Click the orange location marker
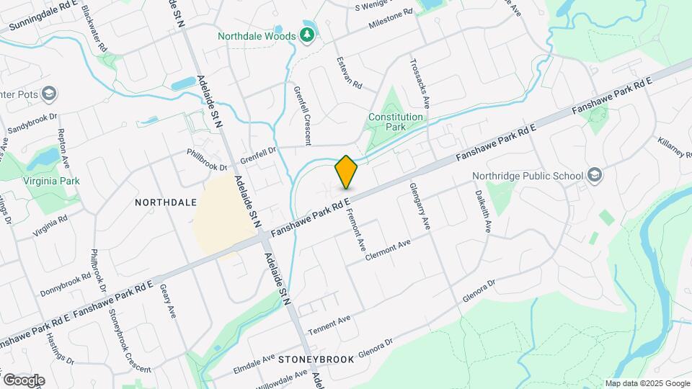click(x=346, y=172)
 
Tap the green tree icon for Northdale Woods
click(x=308, y=35)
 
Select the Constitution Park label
click(x=395, y=122)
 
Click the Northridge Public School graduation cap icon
click(x=595, y=175)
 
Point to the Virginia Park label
click(x=50, y=181)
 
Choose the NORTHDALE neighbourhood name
click(x=166, y=203)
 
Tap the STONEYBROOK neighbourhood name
click(x=316, y=359)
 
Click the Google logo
click(x=24, y=380)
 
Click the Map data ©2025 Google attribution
click(x=647, y=383)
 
